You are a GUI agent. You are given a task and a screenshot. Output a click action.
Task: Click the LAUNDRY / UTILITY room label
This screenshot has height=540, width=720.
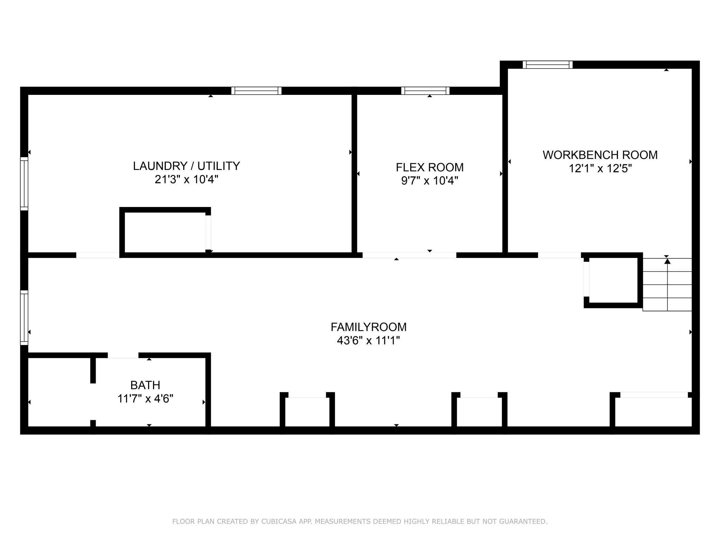[x=186, y=166]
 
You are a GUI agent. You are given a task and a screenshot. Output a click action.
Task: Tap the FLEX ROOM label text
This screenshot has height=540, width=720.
[x=430, y=167]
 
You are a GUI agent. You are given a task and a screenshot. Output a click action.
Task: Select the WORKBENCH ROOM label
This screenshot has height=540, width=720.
[x=600, y=155]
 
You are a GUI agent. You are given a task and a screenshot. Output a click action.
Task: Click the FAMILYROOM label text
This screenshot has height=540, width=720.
[x=368, y=327]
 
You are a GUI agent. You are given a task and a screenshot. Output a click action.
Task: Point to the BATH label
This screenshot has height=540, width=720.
[x=145, y=385]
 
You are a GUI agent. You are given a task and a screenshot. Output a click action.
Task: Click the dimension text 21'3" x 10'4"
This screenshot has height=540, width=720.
[x=186, y=180]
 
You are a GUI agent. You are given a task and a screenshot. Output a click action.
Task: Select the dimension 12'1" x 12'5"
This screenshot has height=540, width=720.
[x=600, y=169]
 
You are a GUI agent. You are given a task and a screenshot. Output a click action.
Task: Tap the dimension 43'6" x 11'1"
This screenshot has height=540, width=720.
[x=368, y=341]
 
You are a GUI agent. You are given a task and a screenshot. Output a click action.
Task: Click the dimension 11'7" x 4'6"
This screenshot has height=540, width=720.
[x=145, y=399]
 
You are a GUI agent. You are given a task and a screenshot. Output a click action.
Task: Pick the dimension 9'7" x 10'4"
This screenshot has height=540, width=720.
[x=430, y=181]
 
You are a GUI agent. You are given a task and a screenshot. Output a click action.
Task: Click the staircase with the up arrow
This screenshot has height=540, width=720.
[x=667, y=285]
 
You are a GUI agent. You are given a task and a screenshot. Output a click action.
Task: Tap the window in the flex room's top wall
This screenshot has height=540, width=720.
[x=425, y=91]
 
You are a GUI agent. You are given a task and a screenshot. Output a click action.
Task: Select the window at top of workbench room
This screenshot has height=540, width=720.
[x=547, y=65]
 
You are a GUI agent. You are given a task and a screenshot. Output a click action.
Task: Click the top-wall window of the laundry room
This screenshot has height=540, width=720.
[x=256, y=91]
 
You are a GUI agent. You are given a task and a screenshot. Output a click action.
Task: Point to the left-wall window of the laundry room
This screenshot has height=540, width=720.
[x=24, y=183]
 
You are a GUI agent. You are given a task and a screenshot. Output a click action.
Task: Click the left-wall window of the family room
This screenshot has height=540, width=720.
[x=24, y=317]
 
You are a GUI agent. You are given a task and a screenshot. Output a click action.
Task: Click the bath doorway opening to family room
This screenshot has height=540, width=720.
[x=123, y=355]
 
